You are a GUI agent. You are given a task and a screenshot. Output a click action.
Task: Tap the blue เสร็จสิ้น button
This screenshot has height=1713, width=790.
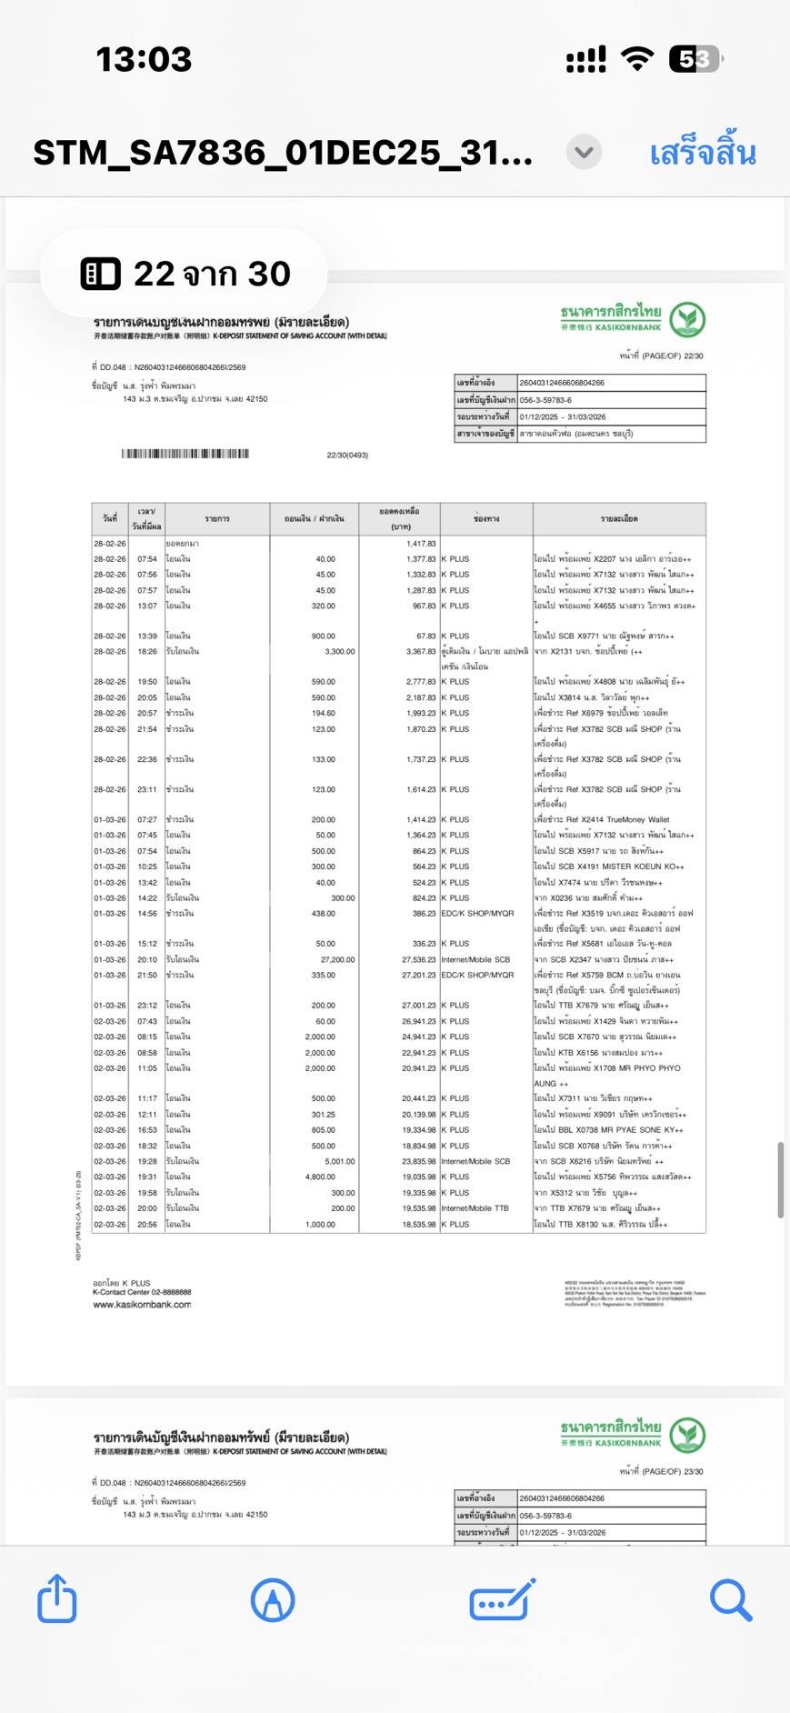(x=702, y=153)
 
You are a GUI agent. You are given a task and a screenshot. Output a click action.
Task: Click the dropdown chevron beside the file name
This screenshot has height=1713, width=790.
(x=584, y=152)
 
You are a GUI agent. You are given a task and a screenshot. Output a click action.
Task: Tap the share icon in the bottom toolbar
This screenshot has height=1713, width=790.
(x=56, y=1599)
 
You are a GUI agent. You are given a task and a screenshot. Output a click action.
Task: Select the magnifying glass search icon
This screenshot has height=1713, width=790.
(x=730, y=1600)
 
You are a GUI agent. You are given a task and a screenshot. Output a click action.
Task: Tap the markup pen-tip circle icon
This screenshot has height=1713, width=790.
(x=272, y=1600)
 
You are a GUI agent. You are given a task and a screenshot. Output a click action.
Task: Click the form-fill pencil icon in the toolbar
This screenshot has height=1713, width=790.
(x=502, y=1600)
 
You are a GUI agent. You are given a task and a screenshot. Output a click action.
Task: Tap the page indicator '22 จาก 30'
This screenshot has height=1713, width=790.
(x=186, y=274)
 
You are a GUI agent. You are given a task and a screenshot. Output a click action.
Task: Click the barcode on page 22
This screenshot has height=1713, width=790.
(x=185, y=454)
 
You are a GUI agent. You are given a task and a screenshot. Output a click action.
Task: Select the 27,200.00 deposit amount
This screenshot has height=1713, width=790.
(x=337, y=959)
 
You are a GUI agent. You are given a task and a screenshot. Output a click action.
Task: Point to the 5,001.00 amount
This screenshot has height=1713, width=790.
(x=339, y=1161)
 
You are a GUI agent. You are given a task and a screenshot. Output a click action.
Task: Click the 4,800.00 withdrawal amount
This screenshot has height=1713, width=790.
(x=319, y=1177)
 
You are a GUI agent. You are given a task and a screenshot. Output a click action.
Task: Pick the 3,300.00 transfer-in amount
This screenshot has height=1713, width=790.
(x=339, y=651)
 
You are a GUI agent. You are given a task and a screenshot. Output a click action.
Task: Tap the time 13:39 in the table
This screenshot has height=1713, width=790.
(x=146, y=636)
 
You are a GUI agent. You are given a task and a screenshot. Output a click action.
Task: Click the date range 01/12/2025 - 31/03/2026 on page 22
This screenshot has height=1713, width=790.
(x=563, y=416)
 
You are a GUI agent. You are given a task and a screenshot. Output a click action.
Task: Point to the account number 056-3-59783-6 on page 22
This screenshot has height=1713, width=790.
(x=545, y=400)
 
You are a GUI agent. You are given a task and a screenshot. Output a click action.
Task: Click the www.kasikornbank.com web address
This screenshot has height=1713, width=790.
(x=142, y=1305)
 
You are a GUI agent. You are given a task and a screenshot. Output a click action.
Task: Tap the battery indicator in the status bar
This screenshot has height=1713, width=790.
(x=695, y=60)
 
